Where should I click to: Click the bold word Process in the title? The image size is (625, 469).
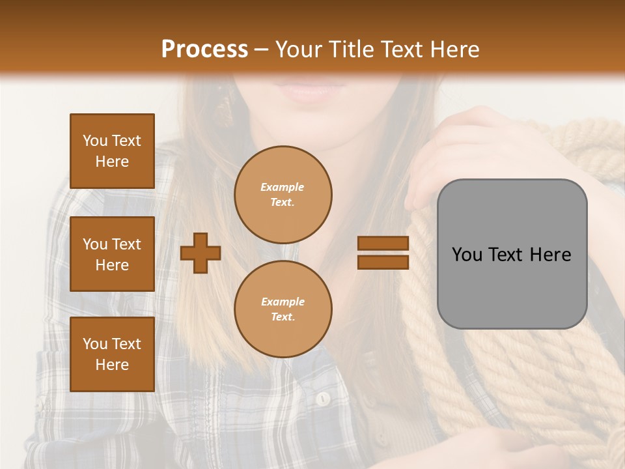tap(204, 50)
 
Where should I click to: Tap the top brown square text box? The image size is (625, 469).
tap(112, 151)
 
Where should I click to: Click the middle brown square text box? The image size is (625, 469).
tap(112, 254)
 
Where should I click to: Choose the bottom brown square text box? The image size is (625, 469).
tap(112, 354)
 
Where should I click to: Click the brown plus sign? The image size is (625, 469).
tap(201, 253)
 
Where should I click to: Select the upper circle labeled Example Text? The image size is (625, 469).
tap(283, 195)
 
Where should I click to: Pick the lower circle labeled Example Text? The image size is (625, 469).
tap(283, 309)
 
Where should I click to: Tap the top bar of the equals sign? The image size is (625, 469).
tap(383, 244)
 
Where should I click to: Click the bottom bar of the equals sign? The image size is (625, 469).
tap(383, 262)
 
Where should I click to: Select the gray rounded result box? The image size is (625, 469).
tap(512, 254)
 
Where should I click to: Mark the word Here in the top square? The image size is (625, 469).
tap(112, 162)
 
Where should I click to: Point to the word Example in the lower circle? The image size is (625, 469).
tap(283, 302)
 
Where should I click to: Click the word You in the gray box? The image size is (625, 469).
tap(467, 255)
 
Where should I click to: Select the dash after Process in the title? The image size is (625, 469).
tap(261, 50)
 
